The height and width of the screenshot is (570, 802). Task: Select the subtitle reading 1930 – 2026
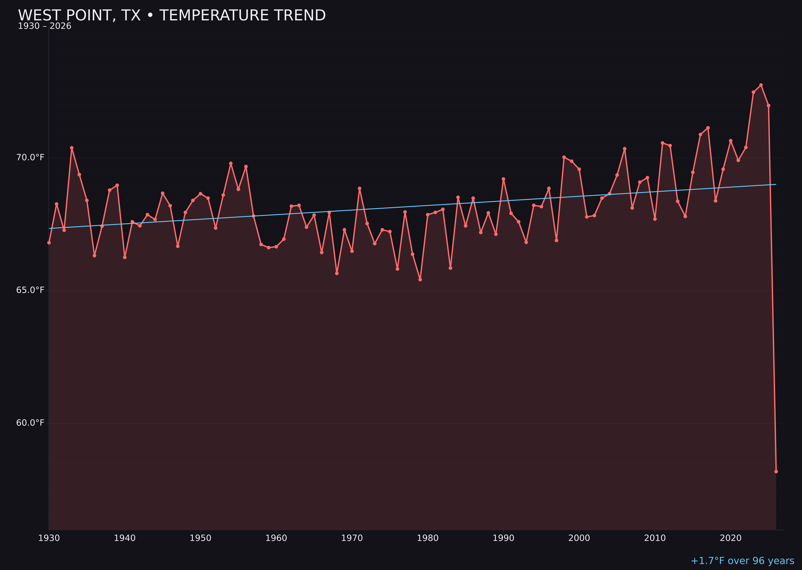click(45, 26)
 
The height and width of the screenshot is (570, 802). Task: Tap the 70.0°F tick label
click(30, 158)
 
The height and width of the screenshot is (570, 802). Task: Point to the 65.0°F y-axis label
click(30, 290)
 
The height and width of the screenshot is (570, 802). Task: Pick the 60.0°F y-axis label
click(30, 423)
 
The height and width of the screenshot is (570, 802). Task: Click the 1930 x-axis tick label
click(49, 538)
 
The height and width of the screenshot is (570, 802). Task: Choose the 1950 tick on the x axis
click(200, 538)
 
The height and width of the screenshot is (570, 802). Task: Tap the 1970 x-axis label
click(352, 538)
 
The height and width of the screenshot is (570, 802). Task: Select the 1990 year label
click(503, 538)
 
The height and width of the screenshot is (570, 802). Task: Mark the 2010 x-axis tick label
click(655, 538)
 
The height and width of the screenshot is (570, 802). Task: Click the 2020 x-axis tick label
click(730, 538)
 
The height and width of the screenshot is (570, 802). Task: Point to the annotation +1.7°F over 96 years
click(742, 561)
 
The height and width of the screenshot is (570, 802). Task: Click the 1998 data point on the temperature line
click(564, 157)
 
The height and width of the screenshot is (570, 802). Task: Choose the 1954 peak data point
click(231, 163)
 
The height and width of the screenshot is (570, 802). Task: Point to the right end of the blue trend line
click(776, 184)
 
